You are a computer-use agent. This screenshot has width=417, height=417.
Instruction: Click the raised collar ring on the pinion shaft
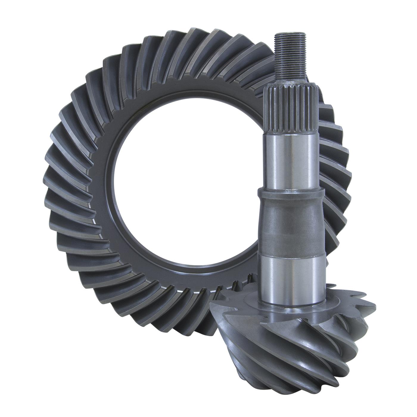(x=290, y=193)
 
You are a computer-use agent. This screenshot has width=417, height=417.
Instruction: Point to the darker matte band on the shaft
(x=290, y=226)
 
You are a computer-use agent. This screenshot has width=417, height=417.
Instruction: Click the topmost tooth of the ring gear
(x=191, y=37)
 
